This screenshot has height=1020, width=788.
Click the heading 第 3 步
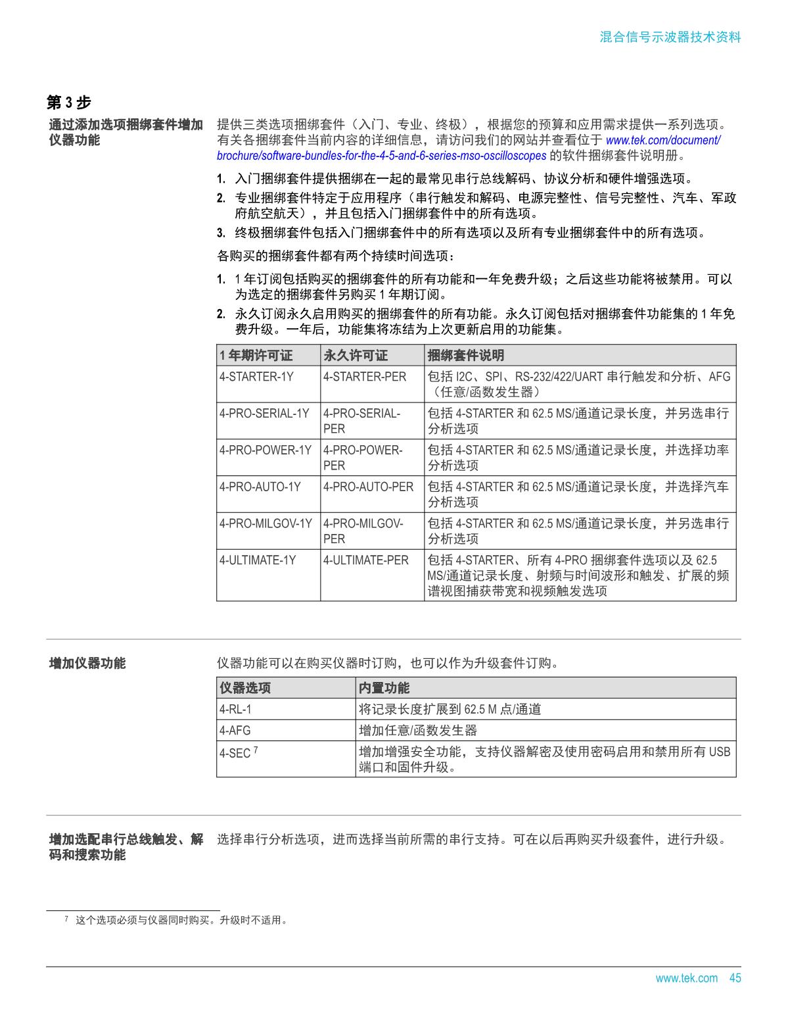[x=68, y=103]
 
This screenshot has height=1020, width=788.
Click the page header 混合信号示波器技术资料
[x=670, y=37]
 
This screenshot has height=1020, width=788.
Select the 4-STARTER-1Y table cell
[x=257, y=377]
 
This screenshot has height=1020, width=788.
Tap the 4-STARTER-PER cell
[x=365, y=377]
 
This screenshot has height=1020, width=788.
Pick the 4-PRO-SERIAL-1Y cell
[x=264, y=414]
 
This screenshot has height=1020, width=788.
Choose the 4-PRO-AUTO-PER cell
[x=368, y=487]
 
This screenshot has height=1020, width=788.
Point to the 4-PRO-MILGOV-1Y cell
[x=266, y=524]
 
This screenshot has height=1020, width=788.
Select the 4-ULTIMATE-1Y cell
[x=258, y=560]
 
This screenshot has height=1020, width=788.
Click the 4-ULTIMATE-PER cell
[x=365, y=560]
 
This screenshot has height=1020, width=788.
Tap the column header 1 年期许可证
[x=256, y=356]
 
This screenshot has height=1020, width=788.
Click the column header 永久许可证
[x=356, y=356]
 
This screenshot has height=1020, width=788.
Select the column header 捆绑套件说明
[x=466, y=356]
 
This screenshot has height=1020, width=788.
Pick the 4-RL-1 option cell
[x=235, y=710]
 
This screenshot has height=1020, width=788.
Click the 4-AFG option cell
[x=235, y=731]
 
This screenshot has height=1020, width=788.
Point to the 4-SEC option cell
[x=237, y=753]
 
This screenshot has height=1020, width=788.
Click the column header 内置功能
[x=384, y=688]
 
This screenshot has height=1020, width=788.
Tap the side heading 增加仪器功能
[x=87, y=663]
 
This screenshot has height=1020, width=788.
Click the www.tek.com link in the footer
[x=686, y=978]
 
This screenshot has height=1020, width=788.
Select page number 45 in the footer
[x=735, y=978]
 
